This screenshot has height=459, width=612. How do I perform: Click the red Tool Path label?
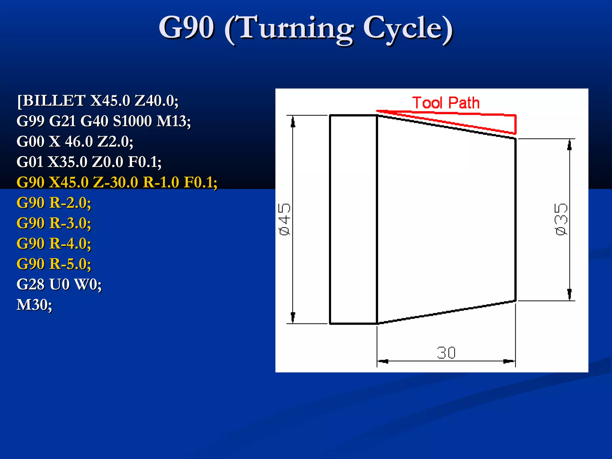(x=446, y=103)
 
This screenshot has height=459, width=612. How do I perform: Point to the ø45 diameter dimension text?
(x=284, y=220)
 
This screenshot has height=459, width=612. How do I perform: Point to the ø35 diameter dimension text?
(x=561, y=220)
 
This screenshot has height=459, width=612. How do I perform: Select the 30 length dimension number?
(x=446, y=353)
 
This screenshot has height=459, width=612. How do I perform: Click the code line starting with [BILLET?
(x=97, y=101)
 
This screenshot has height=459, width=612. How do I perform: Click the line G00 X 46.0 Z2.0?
(x=75, y=142)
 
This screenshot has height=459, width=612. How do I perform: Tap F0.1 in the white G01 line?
(x=144, y=162)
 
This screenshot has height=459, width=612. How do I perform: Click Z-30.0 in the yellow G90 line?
(x=116, y=182)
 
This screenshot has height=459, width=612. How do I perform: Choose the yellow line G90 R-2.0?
(x=54, y=203)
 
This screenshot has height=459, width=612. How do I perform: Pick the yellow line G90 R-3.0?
(x=54, y=223)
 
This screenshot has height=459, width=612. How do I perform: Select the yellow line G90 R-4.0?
(x=54, y=244)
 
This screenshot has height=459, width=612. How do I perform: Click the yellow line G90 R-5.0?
(x=54, y=264)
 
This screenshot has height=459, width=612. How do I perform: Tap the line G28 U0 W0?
(x=59, y=284)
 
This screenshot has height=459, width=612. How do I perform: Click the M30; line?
(x=34, y=305)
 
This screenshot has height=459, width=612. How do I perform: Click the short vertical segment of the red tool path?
(x=515, y=124)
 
